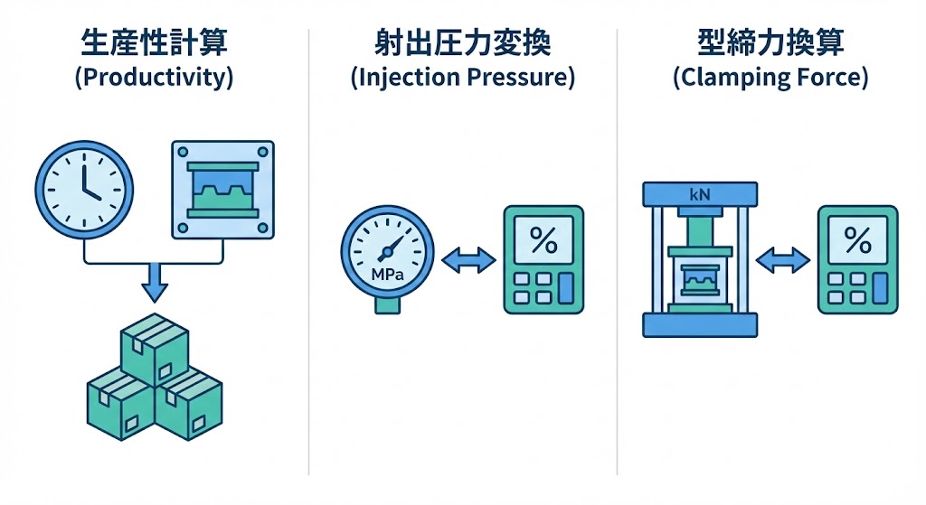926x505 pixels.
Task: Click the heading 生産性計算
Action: pyautogui.click(x=154, y=43)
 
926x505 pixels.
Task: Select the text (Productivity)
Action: pyautogui.click(x=154, y=77)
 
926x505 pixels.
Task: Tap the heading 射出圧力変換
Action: pyautogui.click(x=462, y=43)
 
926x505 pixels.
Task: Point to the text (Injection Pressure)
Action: pyautogui.click(x=462, y=77)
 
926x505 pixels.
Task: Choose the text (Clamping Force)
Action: pyautogui.click(x=770, y=77)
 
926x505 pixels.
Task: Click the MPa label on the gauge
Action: pyautogui.click(x=386, y=272)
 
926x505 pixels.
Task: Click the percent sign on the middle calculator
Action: pyautogui.click(x=543, y=239)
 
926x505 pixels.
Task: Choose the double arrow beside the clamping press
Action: pyautogui.click(x=783, y=262)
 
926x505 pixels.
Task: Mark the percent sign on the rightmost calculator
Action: pyautogui.click(x=856, y=239)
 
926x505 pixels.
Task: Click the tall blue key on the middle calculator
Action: pyautogui.click(x=567, y=286)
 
